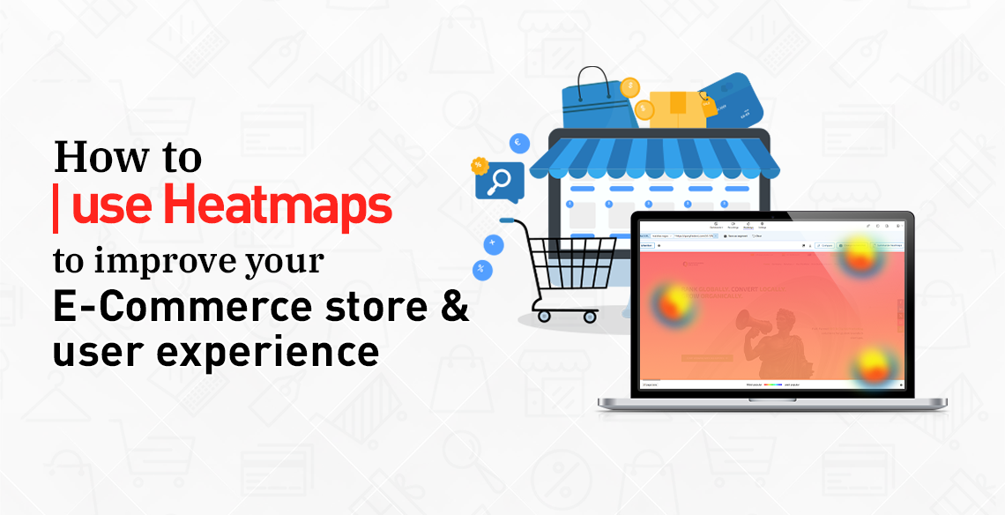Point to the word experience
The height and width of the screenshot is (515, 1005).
coord(265,352)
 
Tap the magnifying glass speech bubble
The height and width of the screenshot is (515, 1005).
coord(499,180)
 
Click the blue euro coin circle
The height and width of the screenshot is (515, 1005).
coord(517,141)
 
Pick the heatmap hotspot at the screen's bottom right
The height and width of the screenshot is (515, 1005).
coord(873,365)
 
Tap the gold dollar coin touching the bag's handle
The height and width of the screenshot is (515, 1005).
coord(629,87)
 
